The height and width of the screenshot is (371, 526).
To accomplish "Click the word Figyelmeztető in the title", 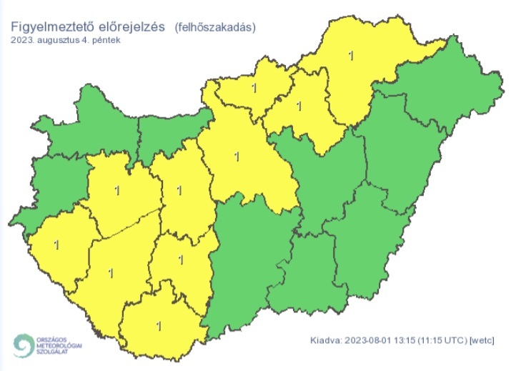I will tap(52, 27).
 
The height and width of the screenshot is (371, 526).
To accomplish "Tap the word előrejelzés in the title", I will tap(131, 27).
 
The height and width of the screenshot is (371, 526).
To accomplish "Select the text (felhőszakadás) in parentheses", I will tap(215, 27).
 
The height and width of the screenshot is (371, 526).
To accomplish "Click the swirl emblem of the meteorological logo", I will tap(22, 345).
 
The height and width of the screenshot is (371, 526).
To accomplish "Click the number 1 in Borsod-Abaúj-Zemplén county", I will tap(349, 54).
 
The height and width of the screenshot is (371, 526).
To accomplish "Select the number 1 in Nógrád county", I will tap(254, 89).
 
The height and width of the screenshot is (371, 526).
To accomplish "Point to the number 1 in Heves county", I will tap(299, 106).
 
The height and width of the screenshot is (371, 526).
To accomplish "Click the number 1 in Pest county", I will tap(236, 154).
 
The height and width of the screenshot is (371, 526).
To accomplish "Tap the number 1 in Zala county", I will tap(56, 245).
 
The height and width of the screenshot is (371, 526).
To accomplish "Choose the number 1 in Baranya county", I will tap(159, 326).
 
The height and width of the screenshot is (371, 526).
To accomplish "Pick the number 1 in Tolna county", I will tap(180, 260).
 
